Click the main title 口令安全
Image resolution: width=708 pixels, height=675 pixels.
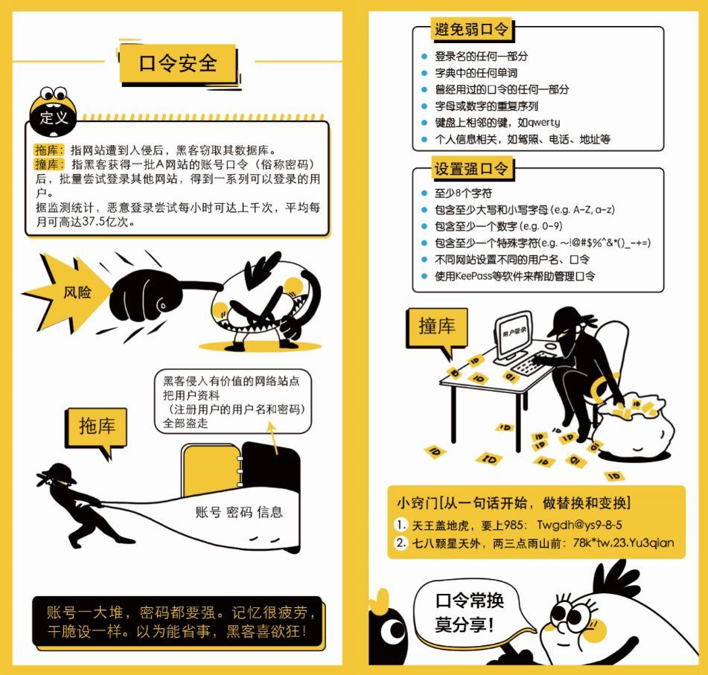(x=178, y=63)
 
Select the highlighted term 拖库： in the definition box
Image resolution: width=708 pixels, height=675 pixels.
(x=49, y=150)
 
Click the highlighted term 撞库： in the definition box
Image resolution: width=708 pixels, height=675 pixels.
(x=49, y=164)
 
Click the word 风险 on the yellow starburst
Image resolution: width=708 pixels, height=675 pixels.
(x=77, y=292)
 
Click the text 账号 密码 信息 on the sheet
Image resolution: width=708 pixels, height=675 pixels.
(x=239, y=512)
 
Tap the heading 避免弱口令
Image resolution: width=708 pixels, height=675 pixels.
(x=471, y=29)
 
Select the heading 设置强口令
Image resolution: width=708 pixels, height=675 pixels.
(x=471, y=168)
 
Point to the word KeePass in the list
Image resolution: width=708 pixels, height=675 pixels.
(x=473, y=276)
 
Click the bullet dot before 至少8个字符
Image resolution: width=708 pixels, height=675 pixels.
(x=424, y=193)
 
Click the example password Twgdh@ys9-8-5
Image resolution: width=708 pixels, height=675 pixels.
(x=579, y=525)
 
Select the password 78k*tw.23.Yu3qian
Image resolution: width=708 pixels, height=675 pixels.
(x=624, y=543)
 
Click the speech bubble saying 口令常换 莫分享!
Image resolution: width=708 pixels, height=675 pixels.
(x=470, y=613)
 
